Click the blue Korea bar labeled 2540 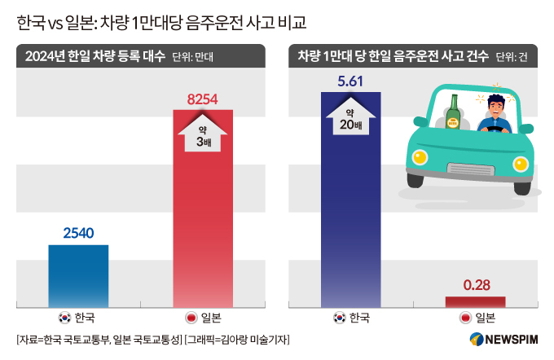(x=78, y=275)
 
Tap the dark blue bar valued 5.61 (x=350, y=204)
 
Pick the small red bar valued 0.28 (x=475, y=301)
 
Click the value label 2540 (x=78, y=234)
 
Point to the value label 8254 (x=203, y=99)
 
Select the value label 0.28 (x=475, y=285)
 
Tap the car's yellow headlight (x=420, y=157)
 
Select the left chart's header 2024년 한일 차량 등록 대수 (x=91, y=56)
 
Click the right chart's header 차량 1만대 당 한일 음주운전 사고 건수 (x=393, y=56)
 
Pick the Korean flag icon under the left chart (x=64, y=318)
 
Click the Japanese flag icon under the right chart (x=465, y=318)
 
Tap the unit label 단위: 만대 (x=198, y=57)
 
